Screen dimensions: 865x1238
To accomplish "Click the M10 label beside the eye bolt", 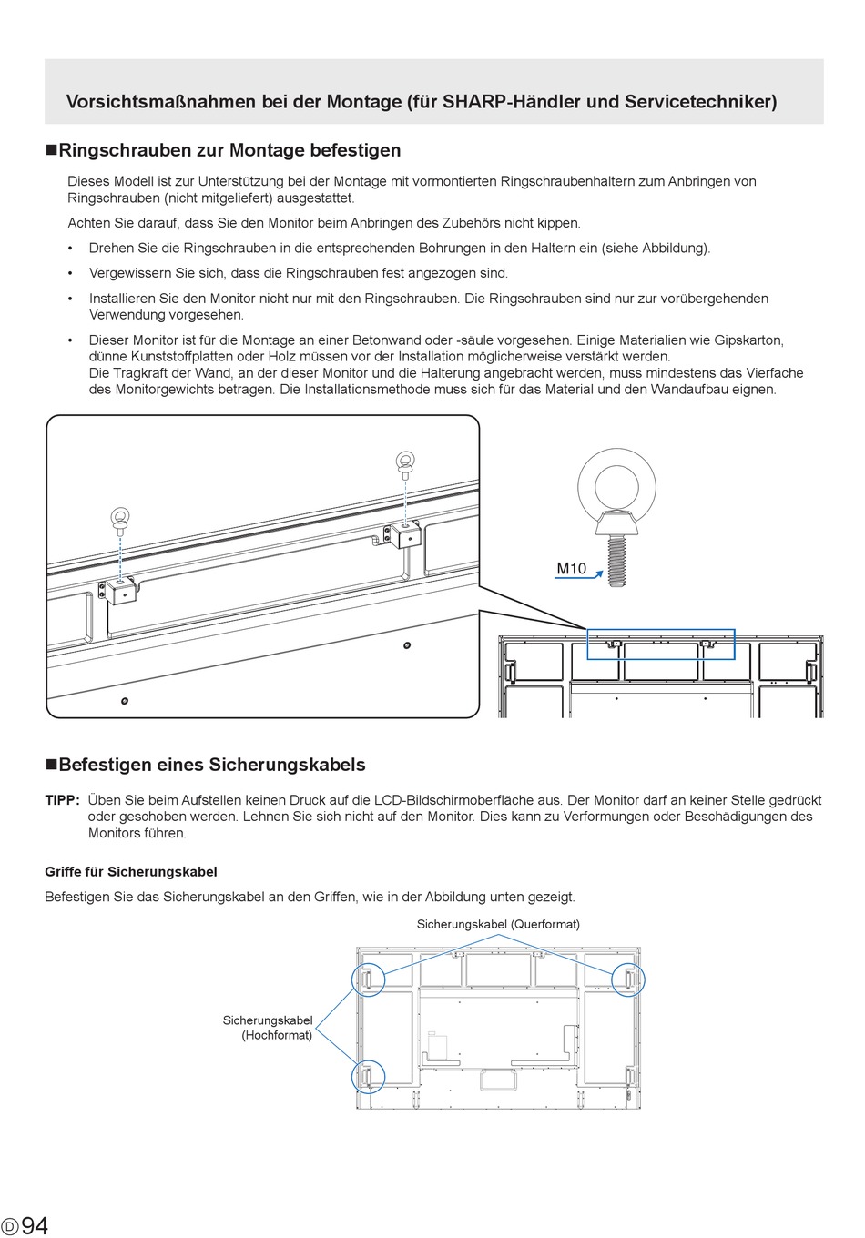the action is [571, 568].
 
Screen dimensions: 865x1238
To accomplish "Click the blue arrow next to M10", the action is [579, 577].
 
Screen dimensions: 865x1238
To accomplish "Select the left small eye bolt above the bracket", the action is [120, 521].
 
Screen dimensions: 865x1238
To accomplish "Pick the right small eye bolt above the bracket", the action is [405, 465].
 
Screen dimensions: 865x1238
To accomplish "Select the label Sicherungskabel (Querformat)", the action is [498, 924].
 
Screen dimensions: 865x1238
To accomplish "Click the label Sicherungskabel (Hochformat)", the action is [268, 1028].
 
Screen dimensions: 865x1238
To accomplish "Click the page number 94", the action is [35, 1225].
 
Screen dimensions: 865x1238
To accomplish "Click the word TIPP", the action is [63, 800].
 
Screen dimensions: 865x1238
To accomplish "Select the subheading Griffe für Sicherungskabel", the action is [131, 871].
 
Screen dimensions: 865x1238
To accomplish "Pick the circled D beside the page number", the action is [9, 1226].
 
